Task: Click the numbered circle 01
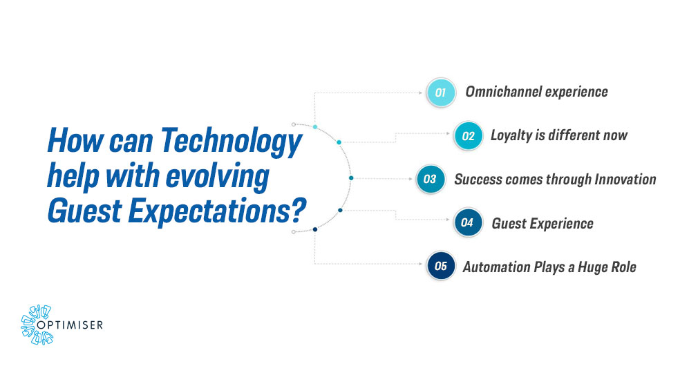440,92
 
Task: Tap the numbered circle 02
469,135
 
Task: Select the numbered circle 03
430,180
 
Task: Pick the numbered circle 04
468,223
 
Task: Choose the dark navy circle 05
440,267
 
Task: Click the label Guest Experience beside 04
543,223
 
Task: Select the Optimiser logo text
75,322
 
